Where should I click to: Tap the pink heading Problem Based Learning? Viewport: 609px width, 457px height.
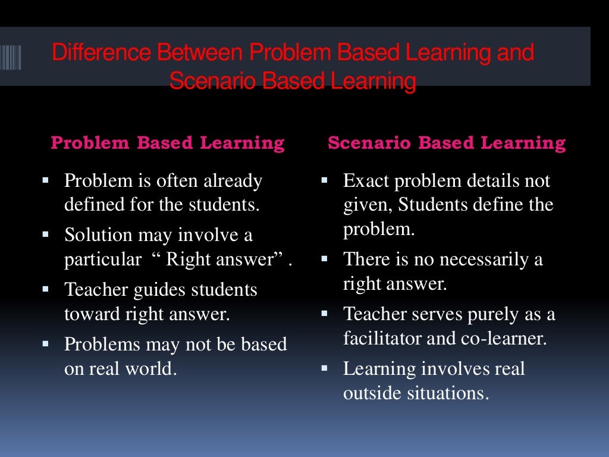pyautogui.click(x=168, y=143)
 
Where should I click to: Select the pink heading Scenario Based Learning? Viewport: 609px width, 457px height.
pyautogui.click(x=446, y=143)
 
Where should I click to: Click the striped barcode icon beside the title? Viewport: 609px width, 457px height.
pyautogui.click(x=11, y=58)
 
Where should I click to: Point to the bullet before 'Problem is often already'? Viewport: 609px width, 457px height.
pyautogui.click(x=46, y=179)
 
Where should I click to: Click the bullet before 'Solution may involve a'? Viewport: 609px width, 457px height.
pyautogui.click(x=46, y=234)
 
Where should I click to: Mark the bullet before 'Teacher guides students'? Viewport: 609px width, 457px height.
pyautogui.click(x=46, y=289)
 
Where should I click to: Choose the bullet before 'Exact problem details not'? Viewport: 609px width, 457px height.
pyautogui.click(x=325, y=179)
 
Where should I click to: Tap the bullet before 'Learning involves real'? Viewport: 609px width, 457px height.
pyautogui.click(x=325, y=367)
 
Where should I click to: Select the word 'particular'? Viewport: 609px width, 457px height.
pyautogui.click(x=102, y=261)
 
